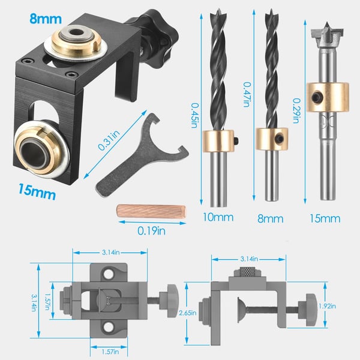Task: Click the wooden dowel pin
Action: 151,211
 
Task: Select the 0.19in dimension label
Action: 151,231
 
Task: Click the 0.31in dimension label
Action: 109,140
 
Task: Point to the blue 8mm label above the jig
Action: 46,19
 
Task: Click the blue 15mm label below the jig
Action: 37,192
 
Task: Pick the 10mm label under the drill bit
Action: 218,217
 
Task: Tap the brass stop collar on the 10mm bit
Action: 218,141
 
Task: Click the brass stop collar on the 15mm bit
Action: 328,97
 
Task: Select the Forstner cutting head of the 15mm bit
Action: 327,36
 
